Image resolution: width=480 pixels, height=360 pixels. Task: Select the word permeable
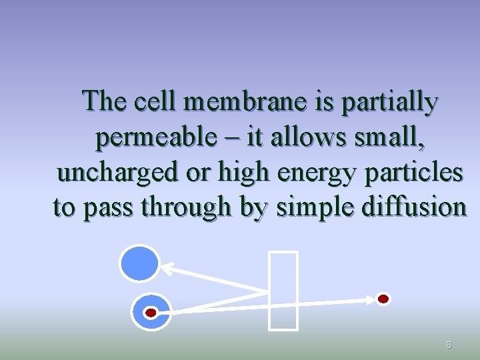[155, 138]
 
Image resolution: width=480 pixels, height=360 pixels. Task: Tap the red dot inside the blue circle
[151, 312]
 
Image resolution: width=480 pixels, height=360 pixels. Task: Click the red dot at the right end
[383, 299]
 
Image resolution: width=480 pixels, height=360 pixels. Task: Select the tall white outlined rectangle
[283, 290]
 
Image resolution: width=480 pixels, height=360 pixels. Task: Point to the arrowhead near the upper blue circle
[167, 269]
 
